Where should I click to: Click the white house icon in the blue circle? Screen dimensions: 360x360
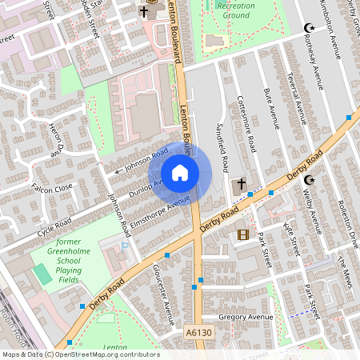coord(180,173)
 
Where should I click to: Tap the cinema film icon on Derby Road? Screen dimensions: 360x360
coord(243,234)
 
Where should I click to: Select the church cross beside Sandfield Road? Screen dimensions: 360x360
coord(239,184)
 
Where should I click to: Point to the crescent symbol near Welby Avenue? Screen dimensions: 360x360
coord(307,180)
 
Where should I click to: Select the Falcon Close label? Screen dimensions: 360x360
coord(51,186)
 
